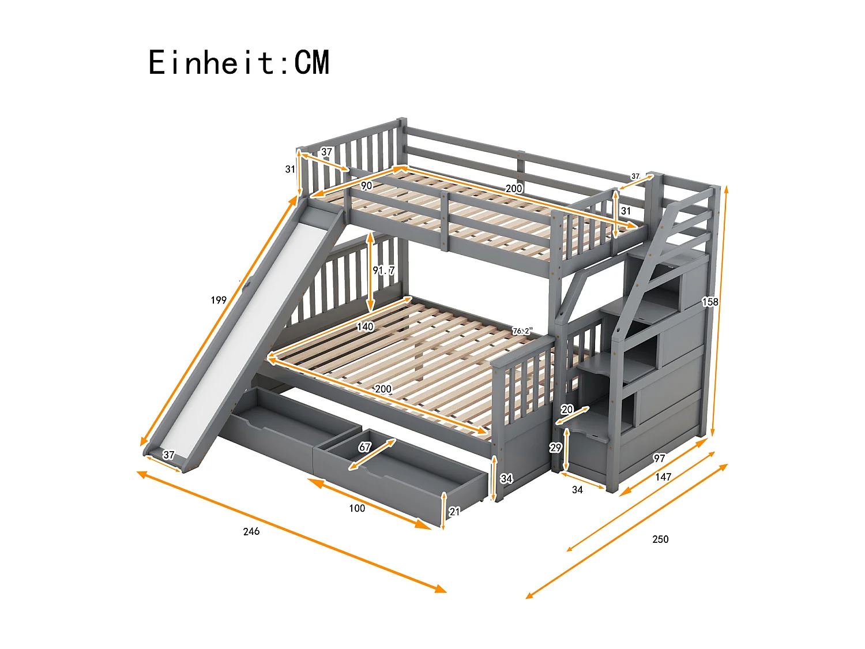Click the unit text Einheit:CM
(239, 62)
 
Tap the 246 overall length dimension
(251, 531)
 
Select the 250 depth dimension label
(660, 539)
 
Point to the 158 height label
(710, 302)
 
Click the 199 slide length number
(219, 300)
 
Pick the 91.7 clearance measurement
(383, 270)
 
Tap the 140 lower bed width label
(365, 327)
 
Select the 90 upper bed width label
(366, 186)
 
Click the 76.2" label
(522, 331)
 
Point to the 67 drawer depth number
(365, 447)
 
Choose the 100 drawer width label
(357, 508)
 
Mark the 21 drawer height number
(454, 511)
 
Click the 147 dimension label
(663, 477)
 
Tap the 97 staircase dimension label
(659, 459)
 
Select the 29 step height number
(555, 448)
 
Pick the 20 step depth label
(567, 410)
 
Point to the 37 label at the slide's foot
(168, 455)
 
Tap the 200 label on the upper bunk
(513, 189)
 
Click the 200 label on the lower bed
(383, 389)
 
